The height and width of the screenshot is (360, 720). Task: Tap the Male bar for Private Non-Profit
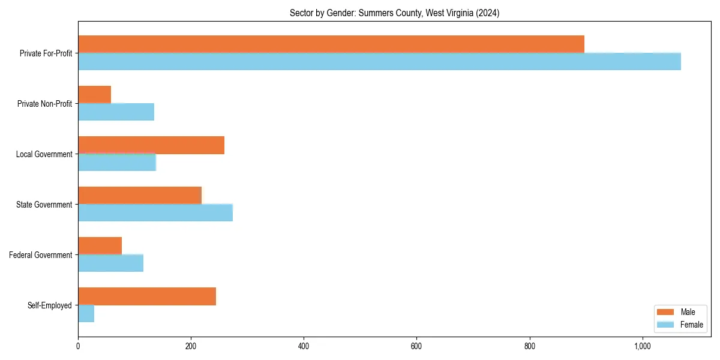[94, 94]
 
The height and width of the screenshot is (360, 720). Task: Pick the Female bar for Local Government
[117, 163]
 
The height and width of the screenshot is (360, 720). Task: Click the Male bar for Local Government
[151, 145]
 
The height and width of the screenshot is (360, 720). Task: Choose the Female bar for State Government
[155, 213]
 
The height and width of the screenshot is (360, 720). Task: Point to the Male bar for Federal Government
[100, 245]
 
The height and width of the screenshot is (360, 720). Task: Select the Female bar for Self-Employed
[86, 314]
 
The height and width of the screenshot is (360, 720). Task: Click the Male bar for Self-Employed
[147, 296]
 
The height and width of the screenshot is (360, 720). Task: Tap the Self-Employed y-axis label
[50, 305]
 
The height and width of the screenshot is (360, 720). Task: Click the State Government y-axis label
[44, 205]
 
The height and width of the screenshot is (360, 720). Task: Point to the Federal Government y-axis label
[41, 255]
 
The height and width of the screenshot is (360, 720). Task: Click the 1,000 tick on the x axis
[642, 346]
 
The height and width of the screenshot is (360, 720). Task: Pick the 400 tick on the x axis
[304, 346]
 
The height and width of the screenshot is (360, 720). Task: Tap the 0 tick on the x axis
[78, 346]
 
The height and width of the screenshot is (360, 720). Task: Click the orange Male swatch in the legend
[666, 312]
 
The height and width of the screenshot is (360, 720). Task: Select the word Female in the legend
[691, 325]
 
